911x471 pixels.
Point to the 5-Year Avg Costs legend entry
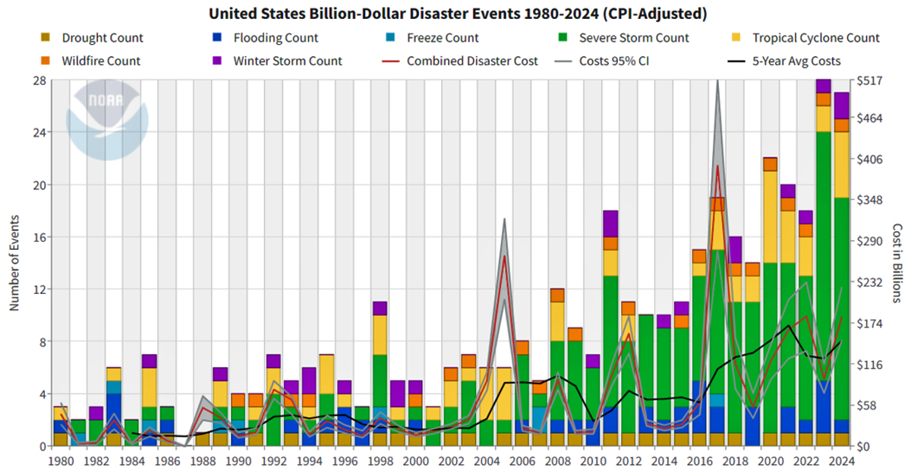(796, 61)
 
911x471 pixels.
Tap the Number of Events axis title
(14, 262)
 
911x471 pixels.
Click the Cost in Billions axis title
(897, 262)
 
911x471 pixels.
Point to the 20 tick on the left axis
(38, 185)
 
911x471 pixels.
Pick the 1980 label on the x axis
(60, 461)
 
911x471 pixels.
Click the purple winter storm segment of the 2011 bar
(610, 223)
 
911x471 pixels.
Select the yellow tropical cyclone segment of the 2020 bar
(770, 217)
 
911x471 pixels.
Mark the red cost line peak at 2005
(504, 256)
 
